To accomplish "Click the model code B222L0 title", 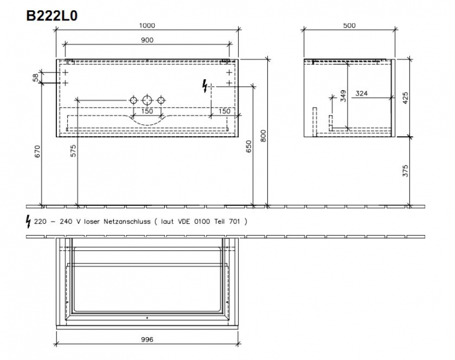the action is [x=52, y=16].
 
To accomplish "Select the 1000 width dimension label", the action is [x=147, y=26].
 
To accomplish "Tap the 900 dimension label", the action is [x=147, y=40].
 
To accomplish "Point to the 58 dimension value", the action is [x=35, y=77].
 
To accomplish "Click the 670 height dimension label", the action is [x=37, y=151].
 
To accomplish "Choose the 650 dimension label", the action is [x=249, y=146].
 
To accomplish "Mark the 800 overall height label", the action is [x=263, y=136].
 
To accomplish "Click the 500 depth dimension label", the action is [x=349, y=26].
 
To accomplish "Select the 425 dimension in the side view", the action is [x=405, y=98].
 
